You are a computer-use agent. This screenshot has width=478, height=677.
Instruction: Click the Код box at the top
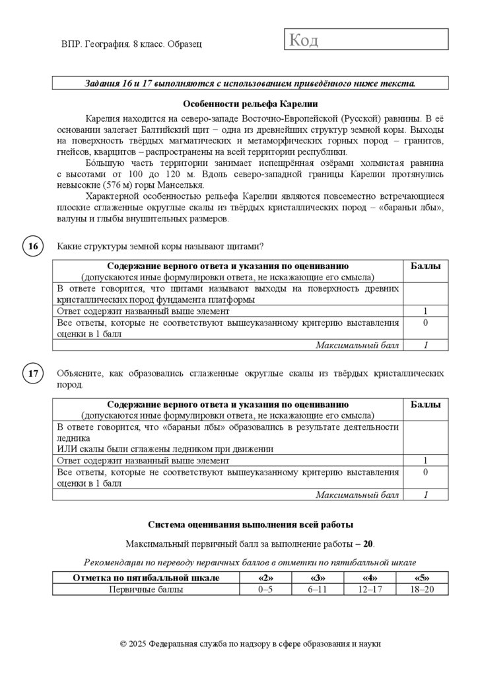click(x=366, y=40)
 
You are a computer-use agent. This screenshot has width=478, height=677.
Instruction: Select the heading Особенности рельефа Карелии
click(x=250, y=104)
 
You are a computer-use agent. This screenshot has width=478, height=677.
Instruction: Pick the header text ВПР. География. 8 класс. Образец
click(x=131, y=44)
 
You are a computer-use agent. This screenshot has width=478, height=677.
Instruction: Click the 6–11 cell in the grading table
click(x=318, y=589)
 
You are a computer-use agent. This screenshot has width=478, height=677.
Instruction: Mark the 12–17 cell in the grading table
click(x=370, y=589)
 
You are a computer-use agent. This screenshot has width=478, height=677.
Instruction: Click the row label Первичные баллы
click(x=146, y=589)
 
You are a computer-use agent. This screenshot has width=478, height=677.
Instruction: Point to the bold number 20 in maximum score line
click(x=368, y=544)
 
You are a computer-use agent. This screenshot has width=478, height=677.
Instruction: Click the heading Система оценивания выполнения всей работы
click(x=250, y=525)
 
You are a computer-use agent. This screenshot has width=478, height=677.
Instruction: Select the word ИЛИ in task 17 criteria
click(x=67, y=448)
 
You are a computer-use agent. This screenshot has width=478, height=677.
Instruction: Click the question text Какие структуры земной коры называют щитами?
click(x=160, y=247)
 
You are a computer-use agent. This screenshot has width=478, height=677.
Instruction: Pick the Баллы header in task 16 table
click(x=426, y=266)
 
